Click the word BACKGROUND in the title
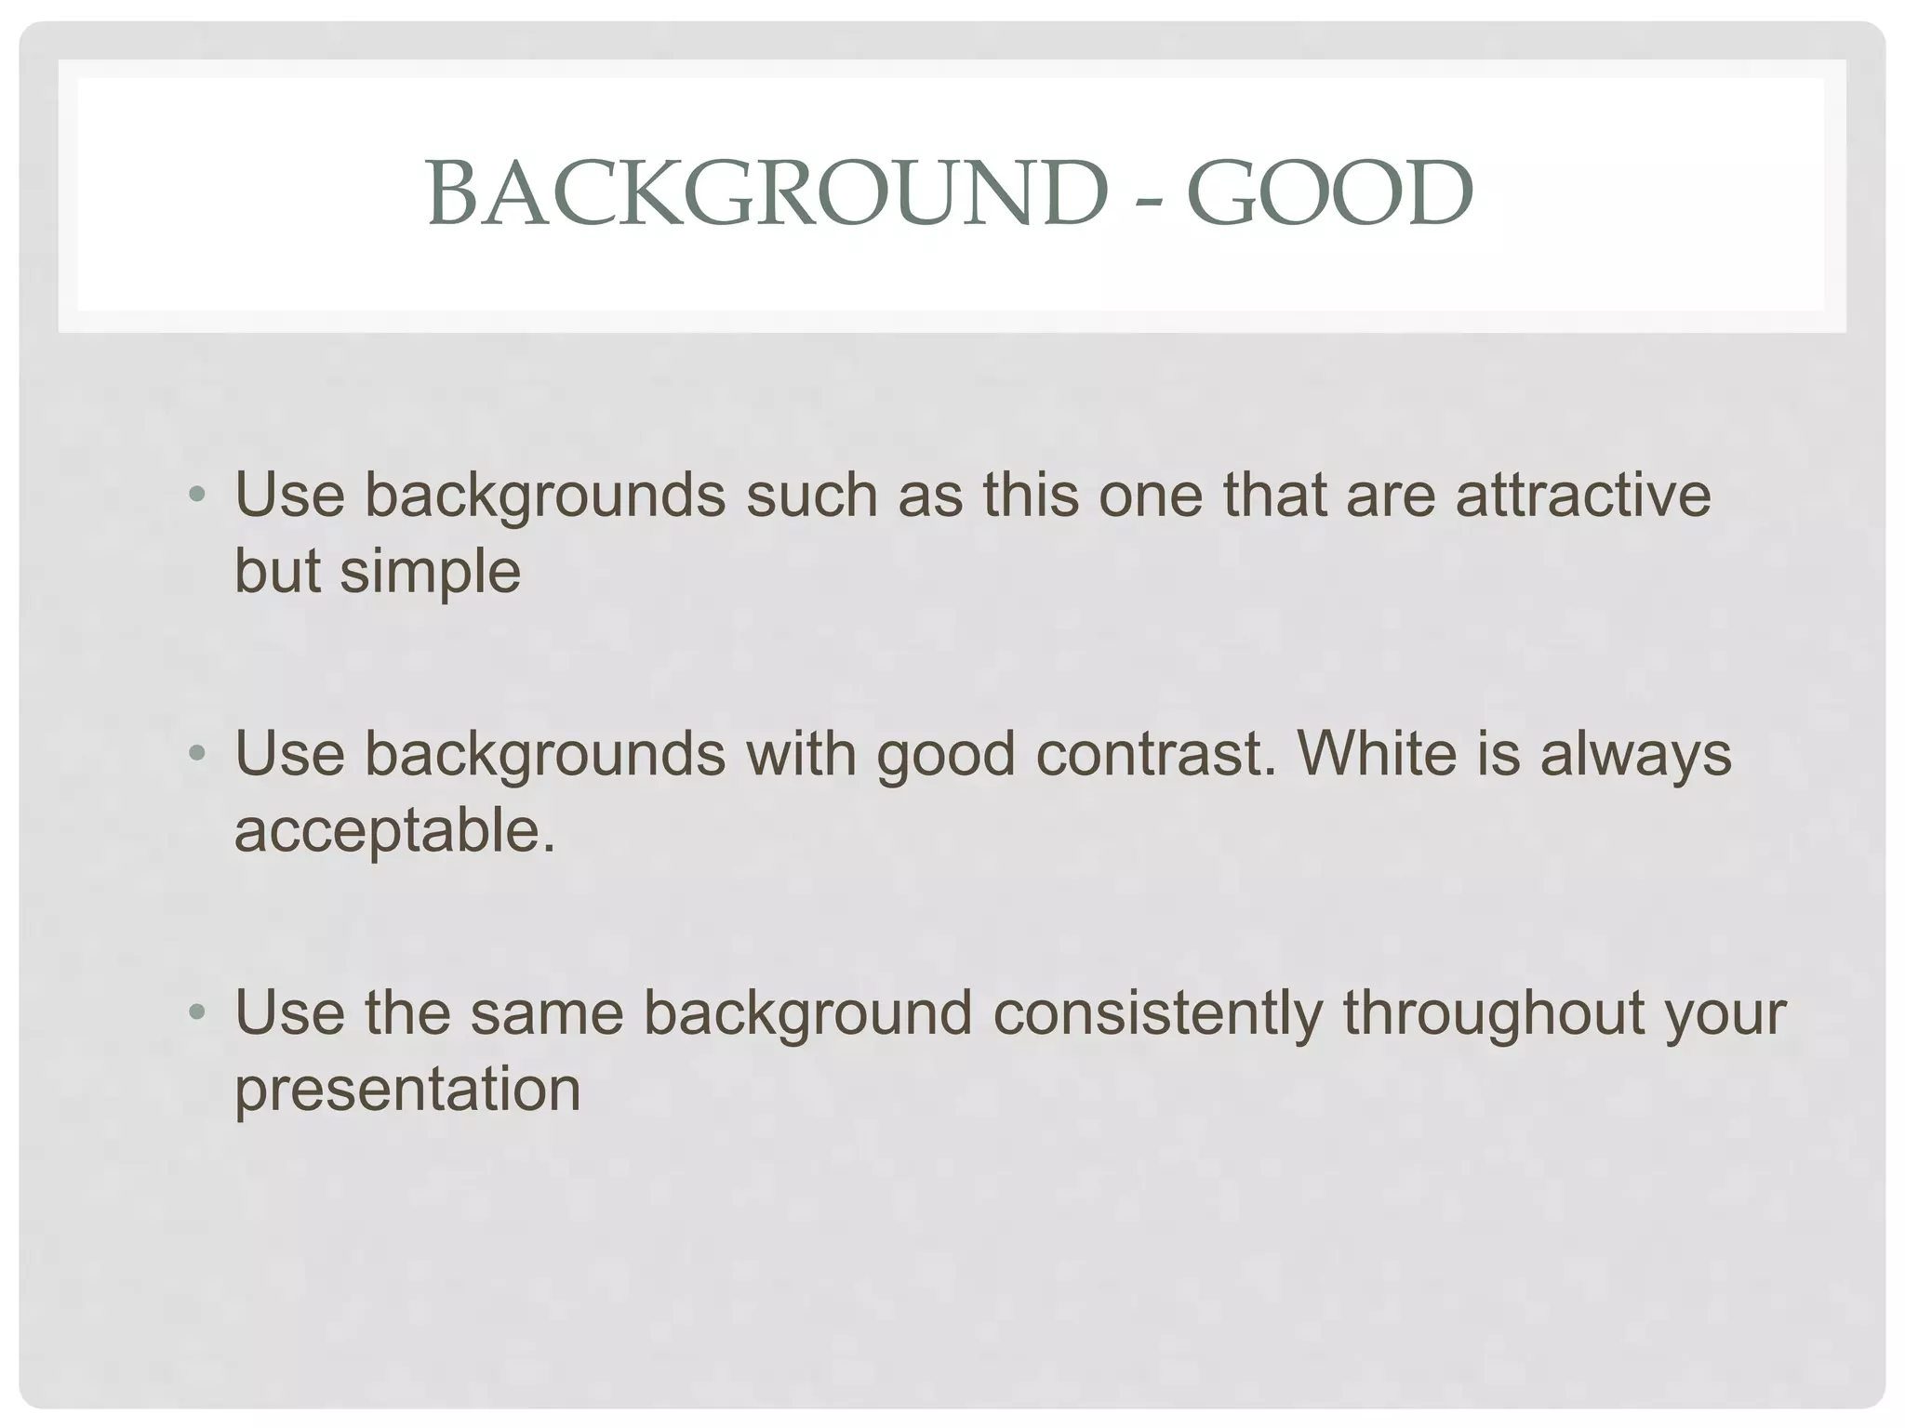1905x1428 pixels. [x=767, y=193]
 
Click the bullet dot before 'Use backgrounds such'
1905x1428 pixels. [x=195, y=496]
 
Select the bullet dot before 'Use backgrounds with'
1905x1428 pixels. [x=195, y=754]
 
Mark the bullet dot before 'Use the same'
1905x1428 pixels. [x=195, y=1012]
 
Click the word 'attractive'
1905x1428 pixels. [x=1583, y=495]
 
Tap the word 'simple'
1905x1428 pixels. [x=430, y=572]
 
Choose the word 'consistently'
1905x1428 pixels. [x=1157, y=1012]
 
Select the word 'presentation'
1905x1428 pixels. [x=407, y=1090]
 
